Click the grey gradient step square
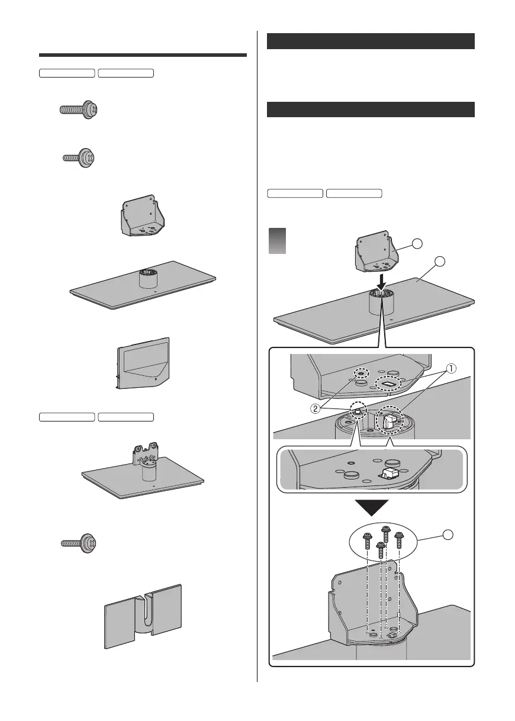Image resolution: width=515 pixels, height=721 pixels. [x=278, y=241]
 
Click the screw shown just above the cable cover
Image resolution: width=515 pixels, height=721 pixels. [x=78, y=542]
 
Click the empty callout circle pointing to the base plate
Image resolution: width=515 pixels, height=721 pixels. [x=440, y=262]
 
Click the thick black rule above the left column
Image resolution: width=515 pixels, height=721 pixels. [x=142, y=56]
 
